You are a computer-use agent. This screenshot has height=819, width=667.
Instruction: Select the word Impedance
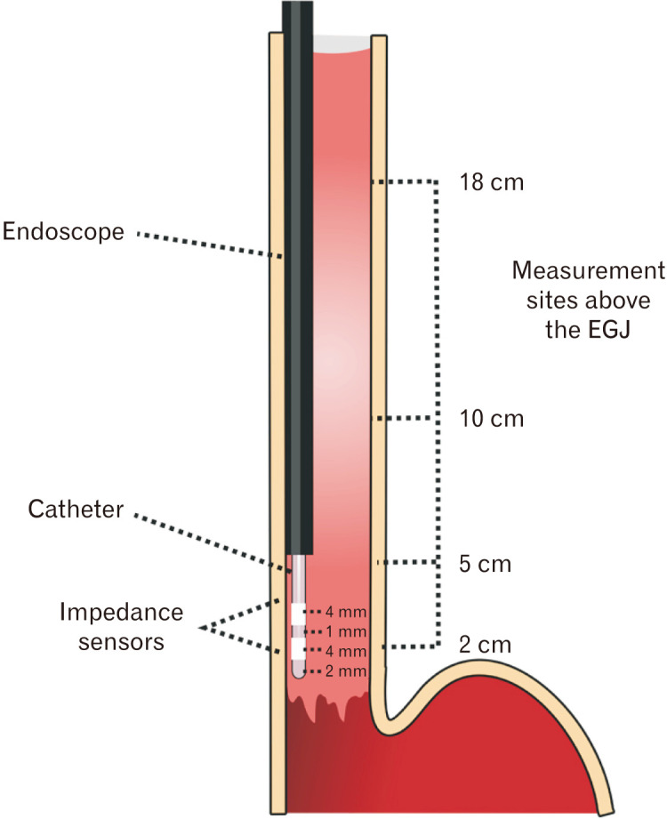tap(121, 613)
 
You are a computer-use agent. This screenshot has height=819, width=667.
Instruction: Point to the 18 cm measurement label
tap(493, 184)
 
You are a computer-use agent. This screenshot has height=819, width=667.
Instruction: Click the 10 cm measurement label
tap(493, 418)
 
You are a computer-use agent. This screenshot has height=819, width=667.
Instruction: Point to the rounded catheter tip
tap(299, 673)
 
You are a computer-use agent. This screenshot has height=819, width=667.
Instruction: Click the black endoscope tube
tap(303, 267)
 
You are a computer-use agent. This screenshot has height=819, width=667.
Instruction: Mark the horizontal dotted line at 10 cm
tap(405, 418)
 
